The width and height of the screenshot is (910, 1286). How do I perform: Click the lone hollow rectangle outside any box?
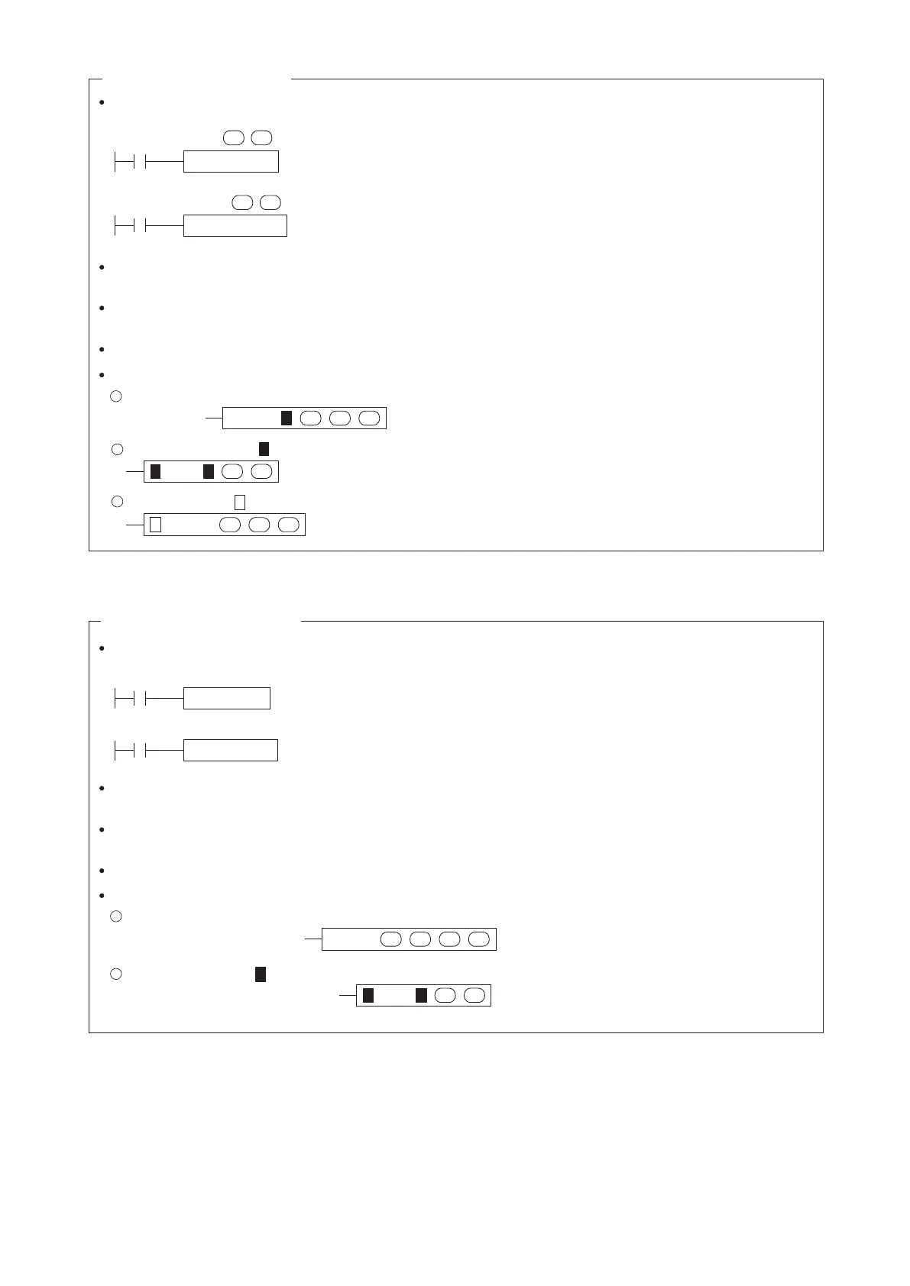[239, 502]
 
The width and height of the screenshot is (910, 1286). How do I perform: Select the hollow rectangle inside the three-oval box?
[155, 525]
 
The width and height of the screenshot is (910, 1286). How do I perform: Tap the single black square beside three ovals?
[287, 418]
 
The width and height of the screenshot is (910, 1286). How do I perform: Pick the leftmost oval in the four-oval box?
[391, 939]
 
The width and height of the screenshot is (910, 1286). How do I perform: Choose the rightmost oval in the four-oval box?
[479, 939]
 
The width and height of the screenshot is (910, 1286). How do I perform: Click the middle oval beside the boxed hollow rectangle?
[259, 525]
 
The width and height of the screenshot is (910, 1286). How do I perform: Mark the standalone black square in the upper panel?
[264, 448]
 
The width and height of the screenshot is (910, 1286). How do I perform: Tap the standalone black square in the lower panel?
[261, 974]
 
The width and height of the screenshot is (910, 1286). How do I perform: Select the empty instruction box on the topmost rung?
[231, 162]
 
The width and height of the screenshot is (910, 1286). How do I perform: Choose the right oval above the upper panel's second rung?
[270, 202]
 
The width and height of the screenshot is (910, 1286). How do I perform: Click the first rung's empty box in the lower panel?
[226, 698]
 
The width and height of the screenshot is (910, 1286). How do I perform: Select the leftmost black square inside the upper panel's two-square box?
[155, 471]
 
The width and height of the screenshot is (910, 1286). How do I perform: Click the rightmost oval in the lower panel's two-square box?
[474, 995]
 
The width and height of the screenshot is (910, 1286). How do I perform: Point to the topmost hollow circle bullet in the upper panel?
[116, 396]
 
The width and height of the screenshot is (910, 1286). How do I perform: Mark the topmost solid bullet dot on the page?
[102, 102]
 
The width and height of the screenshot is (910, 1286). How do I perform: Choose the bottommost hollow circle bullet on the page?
[116, 974]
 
